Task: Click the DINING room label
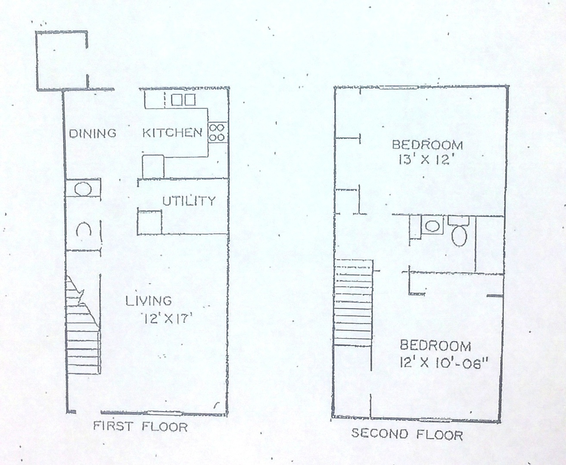(x=93, y=133)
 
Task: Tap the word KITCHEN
(x=172, y=133)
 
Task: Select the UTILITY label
(x=189, y=201)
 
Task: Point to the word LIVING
(x=149, y=301)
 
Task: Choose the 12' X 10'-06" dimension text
(x=444, y=363)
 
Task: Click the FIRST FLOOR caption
(x=140, y=427)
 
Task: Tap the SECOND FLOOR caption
(x=407, y=435)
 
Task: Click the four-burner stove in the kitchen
(x=218, y=132)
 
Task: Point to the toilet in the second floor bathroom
(x=459, y=232)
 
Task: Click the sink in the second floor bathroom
(x=432, y=225)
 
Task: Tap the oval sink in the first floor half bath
(x=83, y=189)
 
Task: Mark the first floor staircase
(x=83, y=325)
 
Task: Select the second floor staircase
(x=354, y=303)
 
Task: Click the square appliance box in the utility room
(x=149, y=223)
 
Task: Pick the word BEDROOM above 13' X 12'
(x=428, y=145)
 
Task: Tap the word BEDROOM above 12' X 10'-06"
(x=435, y=346)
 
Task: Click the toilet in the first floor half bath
(x=84, y=229)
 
